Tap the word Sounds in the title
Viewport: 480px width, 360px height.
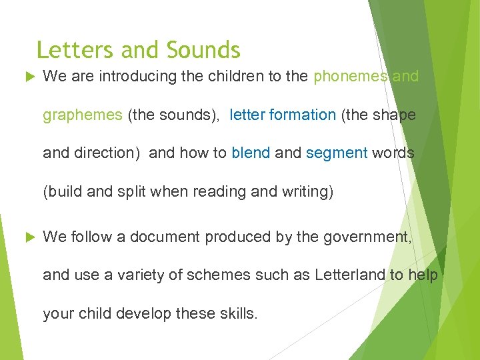coord(203,50)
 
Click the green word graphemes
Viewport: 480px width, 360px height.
coord(83,115)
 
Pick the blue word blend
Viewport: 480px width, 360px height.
coord(251,153)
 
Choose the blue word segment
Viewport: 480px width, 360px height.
coord(337,153)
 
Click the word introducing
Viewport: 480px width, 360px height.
coord(136,77)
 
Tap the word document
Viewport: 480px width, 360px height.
coord(165,237)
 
